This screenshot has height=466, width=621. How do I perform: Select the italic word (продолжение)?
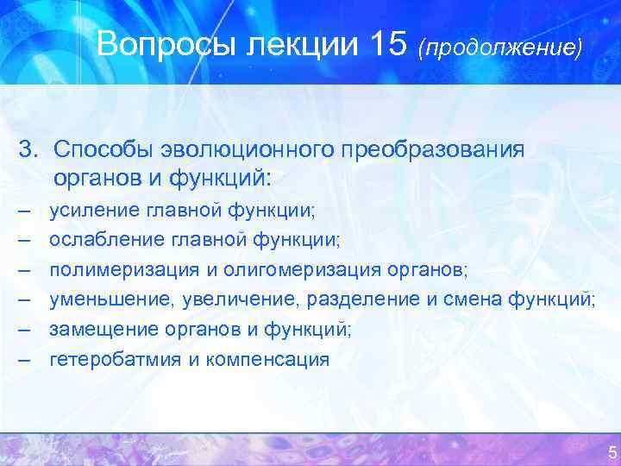click(x=500, y=47)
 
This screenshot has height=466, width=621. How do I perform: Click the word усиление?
click(x=92, y=209)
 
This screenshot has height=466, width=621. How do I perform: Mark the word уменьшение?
click(x=106, y=299)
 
